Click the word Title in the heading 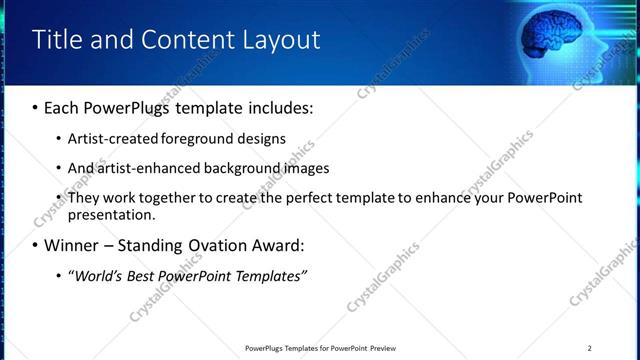(x=57, y=39)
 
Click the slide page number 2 (x=590, y=348)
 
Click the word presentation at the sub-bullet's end (x=110, y=214)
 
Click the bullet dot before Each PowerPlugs (x=36, y=107)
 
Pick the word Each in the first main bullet (x=62, y=107)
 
